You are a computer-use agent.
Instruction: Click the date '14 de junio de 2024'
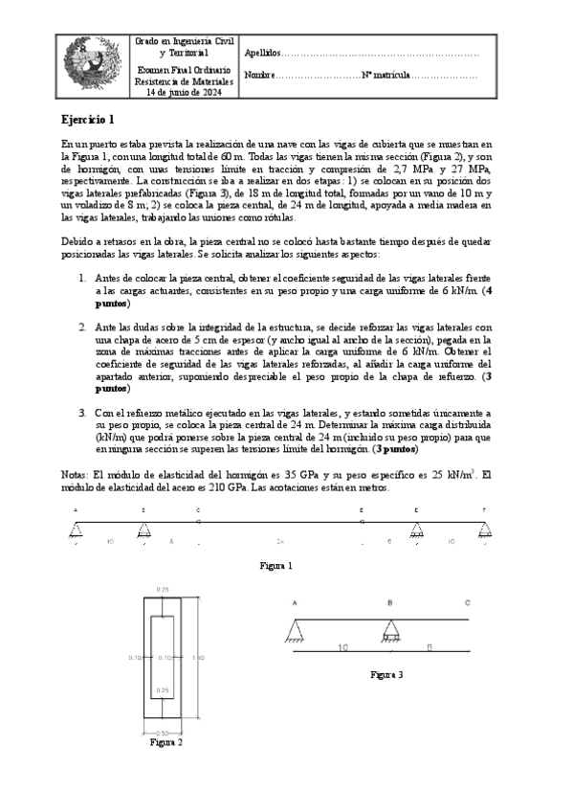point(182,93)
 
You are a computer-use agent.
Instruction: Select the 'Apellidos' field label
point(263,53)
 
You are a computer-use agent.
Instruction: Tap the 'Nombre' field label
point(258,75)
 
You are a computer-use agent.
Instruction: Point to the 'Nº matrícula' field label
point(386,75)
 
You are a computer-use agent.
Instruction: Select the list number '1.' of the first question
point(83,278)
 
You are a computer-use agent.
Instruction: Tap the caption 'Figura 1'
point(276,566)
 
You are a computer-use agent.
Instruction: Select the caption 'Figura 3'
point(386,674)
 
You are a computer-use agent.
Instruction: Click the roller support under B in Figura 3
point(390,633)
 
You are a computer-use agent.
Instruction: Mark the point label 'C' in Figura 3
point(466,603)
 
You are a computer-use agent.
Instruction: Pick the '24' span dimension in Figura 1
point(280,542)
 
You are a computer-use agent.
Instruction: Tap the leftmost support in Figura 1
point(75,530)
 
